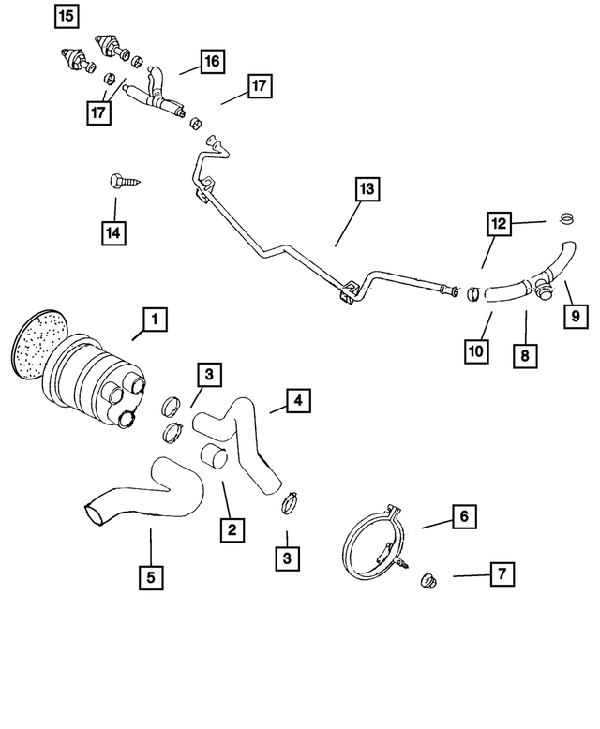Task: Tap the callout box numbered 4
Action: point(296,402)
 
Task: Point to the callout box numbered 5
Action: point(149,577)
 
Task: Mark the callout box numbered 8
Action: point(525,355)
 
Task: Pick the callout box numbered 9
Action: point(577,317)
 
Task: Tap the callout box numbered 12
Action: point(500,224)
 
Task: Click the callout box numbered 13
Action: point(367,188)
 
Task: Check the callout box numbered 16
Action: point(211,61)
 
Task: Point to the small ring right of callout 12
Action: point(564,219)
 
